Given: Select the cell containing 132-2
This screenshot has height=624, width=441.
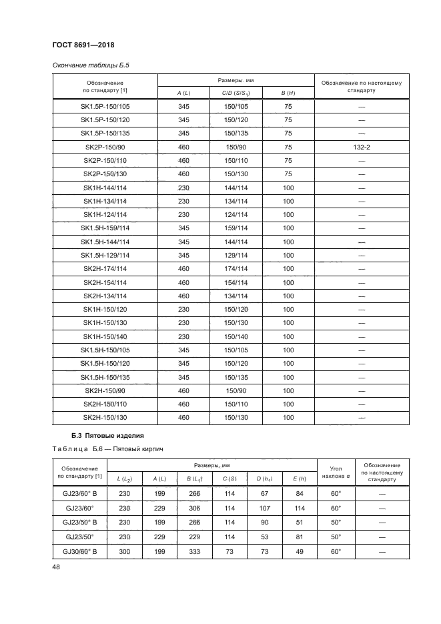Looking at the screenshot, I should pyautogui.click(x=362, y=147).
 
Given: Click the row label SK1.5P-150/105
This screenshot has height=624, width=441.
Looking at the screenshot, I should pyautogui.click(x=105, y=106).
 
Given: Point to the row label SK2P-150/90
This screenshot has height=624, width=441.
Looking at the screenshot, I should pyautogui.click(x=105, y=147).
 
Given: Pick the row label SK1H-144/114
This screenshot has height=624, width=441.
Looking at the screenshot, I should pyautogui.click(x=105, y=188).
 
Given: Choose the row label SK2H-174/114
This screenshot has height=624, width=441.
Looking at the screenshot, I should pyautogui.click(x=105, y=268).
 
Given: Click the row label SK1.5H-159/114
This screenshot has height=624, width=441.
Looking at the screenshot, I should pyautogui.click(x=105, y=228).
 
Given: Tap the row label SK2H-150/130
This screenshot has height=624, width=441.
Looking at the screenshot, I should pyautogui.click(x=105, y=417).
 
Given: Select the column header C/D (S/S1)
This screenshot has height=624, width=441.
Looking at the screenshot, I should pyautogui.click(x=236, y=93).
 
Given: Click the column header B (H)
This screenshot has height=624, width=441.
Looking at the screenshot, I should pyautogui.click(x=288, y=93).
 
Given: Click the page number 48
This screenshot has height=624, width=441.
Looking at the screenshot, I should pyautogui.click(x=57, y=568).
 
